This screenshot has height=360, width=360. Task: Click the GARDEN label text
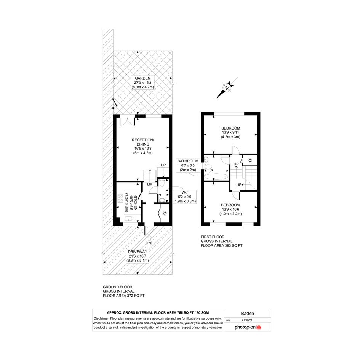[x=142, y=78]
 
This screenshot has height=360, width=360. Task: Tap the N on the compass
[x=227, y=88]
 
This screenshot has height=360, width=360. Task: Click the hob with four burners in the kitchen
[x=120, y=198]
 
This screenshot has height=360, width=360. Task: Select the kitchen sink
[x=130, y=219]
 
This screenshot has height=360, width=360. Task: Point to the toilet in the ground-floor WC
[x=162, y=183]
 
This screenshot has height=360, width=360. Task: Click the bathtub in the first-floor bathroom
[x=216, y=176]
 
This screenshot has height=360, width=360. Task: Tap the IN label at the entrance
[x=149, y=243]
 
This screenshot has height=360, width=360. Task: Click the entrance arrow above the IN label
[x=149, y=237]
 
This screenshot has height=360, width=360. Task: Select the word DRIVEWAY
[x=138, y=252]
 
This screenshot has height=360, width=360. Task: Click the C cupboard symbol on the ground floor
[x=165, y=213]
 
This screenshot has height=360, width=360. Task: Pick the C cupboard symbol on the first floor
[x=250, y=160]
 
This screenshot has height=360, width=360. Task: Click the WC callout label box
[x=185, y=197]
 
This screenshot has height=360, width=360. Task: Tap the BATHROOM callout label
[x=188, y=165]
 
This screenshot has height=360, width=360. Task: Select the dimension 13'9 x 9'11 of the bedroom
[x=230, y=133]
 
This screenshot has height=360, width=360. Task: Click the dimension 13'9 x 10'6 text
[x=230, y=210]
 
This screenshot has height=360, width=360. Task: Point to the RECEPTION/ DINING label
[x=143, y=142]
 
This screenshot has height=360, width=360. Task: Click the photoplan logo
[x=248, y=327]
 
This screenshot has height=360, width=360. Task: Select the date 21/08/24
[x=247, y=320]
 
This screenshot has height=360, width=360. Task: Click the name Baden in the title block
[x=248, y=314]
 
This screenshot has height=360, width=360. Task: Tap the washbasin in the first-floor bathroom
[x=206, y=159]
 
